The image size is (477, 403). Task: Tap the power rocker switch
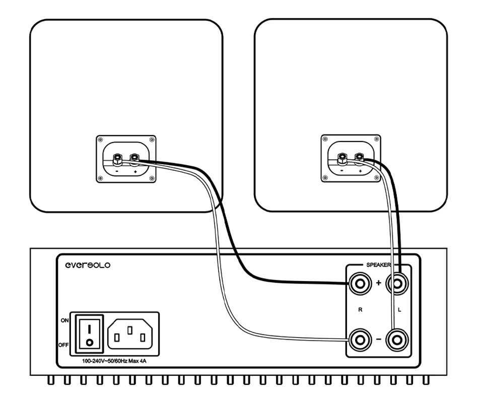click(89, 333)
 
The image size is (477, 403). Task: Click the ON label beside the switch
click(64, 320)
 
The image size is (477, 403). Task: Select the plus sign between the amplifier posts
click(379, 283)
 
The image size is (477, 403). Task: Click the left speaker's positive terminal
click(134, 159)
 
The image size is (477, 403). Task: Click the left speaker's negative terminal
click(117, 159)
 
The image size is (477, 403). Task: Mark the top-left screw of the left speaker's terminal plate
click(100, 140)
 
